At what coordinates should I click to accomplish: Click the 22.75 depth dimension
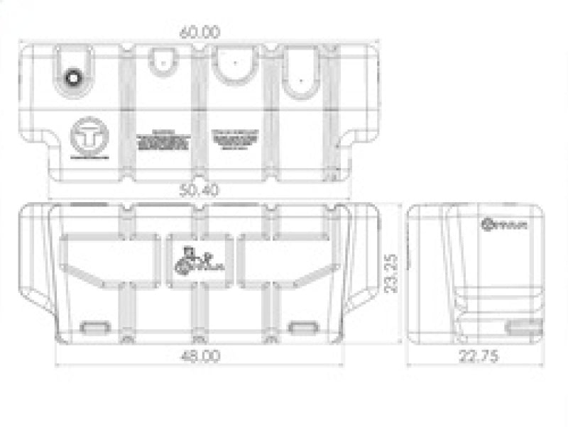click(477, 356)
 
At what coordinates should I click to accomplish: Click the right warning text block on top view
click(236, 140)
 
